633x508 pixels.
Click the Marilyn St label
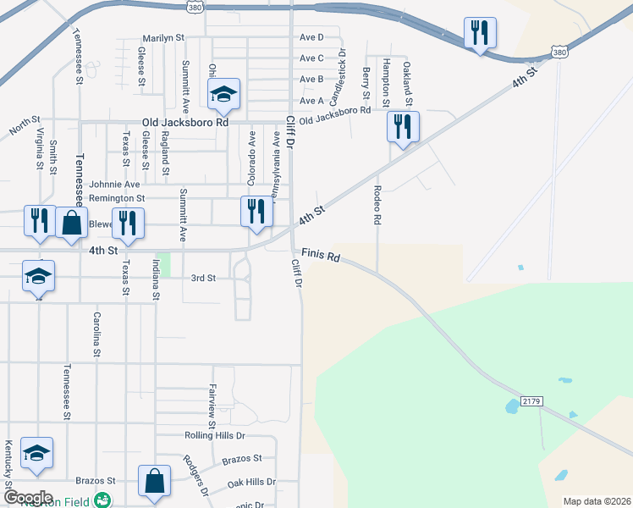point(162,38)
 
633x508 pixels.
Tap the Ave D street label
point(311,37)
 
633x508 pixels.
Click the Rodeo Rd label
point(377,205)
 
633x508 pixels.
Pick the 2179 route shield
point(531,400)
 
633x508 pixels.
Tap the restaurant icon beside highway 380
point(480,33)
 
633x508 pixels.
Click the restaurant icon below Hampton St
point(403,127)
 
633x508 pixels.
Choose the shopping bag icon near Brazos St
point(155,482)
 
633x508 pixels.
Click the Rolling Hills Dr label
point(214,435)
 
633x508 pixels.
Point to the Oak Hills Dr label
point(251,482)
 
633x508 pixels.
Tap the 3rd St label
point(203,278)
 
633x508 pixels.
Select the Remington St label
point(118,198)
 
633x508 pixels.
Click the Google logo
point(28,498)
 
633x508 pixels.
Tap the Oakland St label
point(407,82)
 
